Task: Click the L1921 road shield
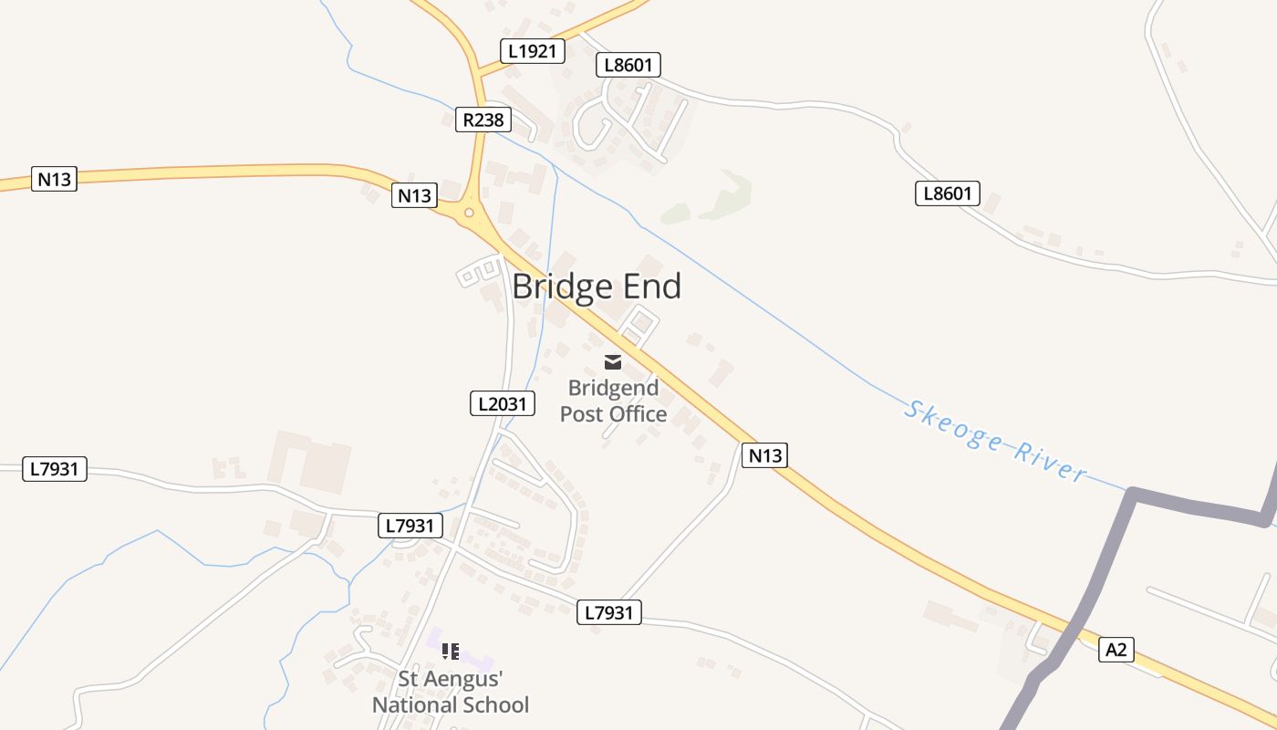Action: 532,51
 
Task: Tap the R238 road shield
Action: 483,120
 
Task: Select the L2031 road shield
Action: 502,403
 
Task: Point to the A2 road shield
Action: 1116,650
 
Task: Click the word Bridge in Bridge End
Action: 563,287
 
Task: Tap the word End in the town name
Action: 651,287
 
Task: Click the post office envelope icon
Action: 613,362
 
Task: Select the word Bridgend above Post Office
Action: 613,389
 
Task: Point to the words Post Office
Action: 613,414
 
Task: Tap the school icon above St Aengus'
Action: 450,652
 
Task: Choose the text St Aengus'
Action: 451,679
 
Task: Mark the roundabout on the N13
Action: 469,214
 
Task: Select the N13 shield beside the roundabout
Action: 414,194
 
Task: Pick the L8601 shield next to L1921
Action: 628,65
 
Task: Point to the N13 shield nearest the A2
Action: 764,455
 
